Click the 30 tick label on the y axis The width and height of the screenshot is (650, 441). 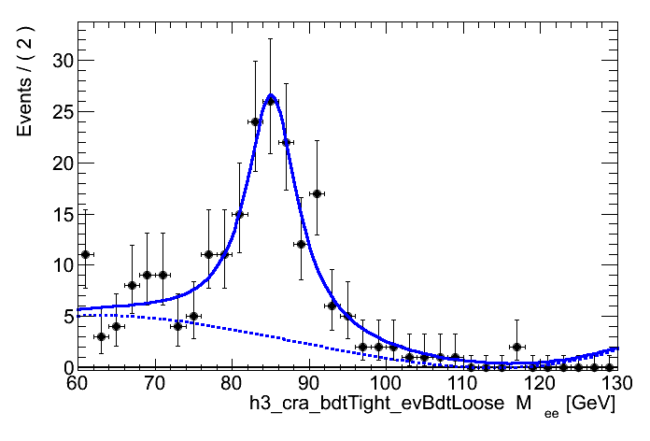61,61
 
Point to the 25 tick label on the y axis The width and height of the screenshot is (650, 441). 61,112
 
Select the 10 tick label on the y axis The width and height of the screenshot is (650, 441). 61,265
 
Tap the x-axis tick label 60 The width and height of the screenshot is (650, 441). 78,384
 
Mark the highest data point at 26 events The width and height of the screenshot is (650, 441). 271,101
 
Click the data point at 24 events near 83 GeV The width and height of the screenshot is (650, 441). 255,121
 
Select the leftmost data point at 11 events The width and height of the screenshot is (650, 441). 85,254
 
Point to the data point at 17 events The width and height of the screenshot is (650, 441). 317,193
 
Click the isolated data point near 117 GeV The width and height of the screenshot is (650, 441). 516,347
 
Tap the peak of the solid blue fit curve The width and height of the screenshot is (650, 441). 270,95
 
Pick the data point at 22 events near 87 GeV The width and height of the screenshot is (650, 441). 286,142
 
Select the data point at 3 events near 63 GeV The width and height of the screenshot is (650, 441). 101,336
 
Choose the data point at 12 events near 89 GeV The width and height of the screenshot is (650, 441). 301,244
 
